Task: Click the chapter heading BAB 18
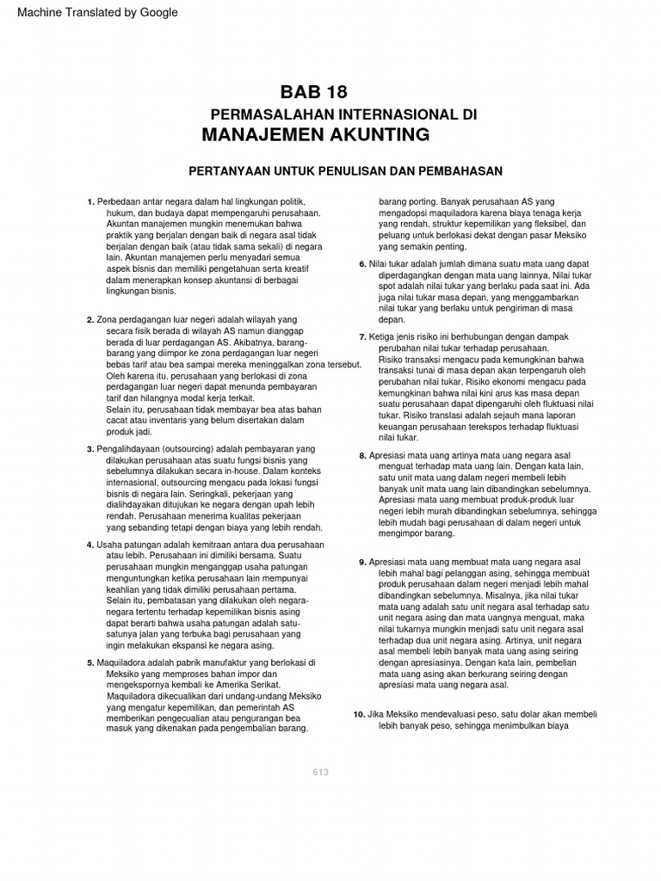313,93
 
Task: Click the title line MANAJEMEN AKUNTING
315,134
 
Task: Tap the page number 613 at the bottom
321,772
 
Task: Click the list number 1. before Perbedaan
90,202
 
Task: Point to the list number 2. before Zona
90,320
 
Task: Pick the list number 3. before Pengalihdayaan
90,449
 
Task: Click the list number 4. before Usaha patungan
90,545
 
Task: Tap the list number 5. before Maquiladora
90,663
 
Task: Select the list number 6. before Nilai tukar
362,264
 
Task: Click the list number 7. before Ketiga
362,336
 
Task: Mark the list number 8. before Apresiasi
362,455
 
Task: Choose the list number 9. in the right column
362,562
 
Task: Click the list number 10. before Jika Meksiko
360,715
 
